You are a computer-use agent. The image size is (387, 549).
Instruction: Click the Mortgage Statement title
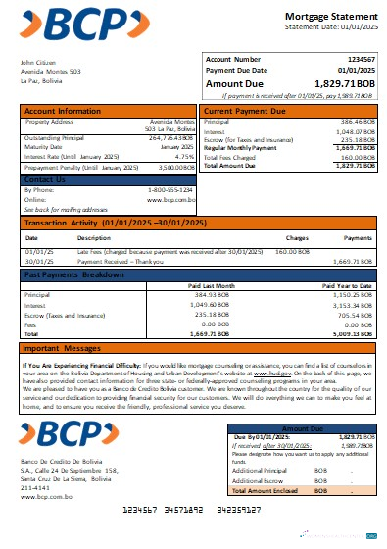pyautogui.click(x=327, y=18)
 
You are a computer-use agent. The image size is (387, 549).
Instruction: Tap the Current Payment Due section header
pyautogui.click(x=243, y=111)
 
